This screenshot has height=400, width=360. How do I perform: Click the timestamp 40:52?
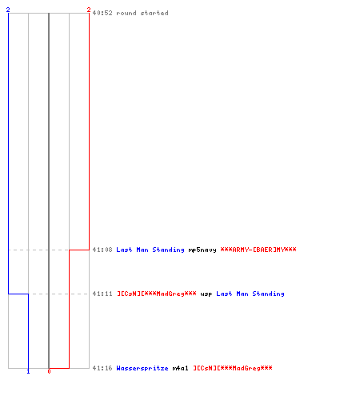tap(102, 13)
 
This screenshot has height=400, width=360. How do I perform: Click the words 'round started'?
tap(142, 13)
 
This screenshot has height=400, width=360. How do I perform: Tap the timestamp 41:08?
tap(102, 250)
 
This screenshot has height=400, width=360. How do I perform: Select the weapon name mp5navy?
tap(202, 250)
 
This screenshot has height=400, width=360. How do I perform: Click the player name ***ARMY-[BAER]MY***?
tap(258, 250)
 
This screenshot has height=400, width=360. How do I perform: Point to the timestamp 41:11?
tap(102, 294)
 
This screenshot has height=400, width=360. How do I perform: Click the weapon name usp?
tap(206, 294)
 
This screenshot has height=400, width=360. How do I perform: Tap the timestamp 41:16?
tap(102, 368)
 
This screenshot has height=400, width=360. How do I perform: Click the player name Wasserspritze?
tap(142, 369)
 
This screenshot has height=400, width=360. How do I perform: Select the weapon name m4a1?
tap(181, 368)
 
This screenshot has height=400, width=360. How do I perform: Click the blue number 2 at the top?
tap(8, 10)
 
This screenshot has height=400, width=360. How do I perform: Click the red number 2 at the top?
tap(89, 10)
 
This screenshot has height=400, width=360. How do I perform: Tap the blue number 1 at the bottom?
tap(28, 371)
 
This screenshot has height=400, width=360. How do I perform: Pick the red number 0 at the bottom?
tap(49, 371)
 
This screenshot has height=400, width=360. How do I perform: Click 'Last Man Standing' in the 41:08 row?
tap(150, 250)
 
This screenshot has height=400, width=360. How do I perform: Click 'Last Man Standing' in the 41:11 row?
tap(250, 294)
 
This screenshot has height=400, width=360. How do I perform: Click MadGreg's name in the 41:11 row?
tap(157, 294)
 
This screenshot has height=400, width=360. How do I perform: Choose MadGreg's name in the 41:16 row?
tap(233, 368)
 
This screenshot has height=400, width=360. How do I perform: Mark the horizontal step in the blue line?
tap(18, 294)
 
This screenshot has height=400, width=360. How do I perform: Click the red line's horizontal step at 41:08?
tap(79, 250)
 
